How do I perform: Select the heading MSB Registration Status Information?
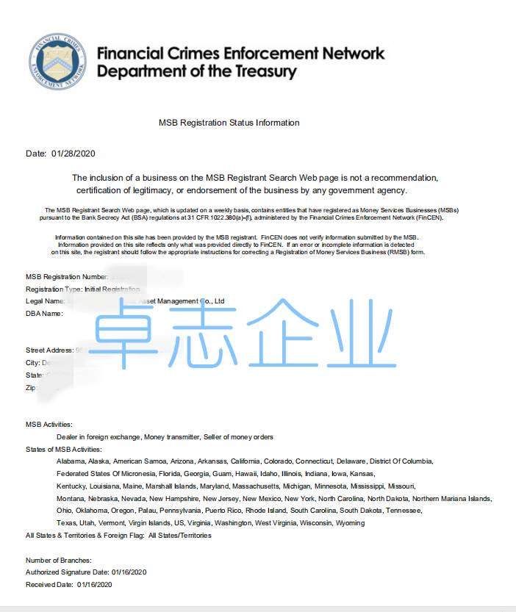click(229, 123)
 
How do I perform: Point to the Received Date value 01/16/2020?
click(94, 584)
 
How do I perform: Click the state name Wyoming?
click(350, 523)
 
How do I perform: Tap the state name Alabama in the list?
click(71, 461)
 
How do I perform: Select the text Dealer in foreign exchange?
click(98, 437)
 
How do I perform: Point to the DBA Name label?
click(44, 314)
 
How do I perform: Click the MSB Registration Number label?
click(67, 277)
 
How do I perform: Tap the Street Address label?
click(49, 350)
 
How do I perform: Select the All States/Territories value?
click(179, 536)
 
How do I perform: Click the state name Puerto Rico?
click(223, 511)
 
